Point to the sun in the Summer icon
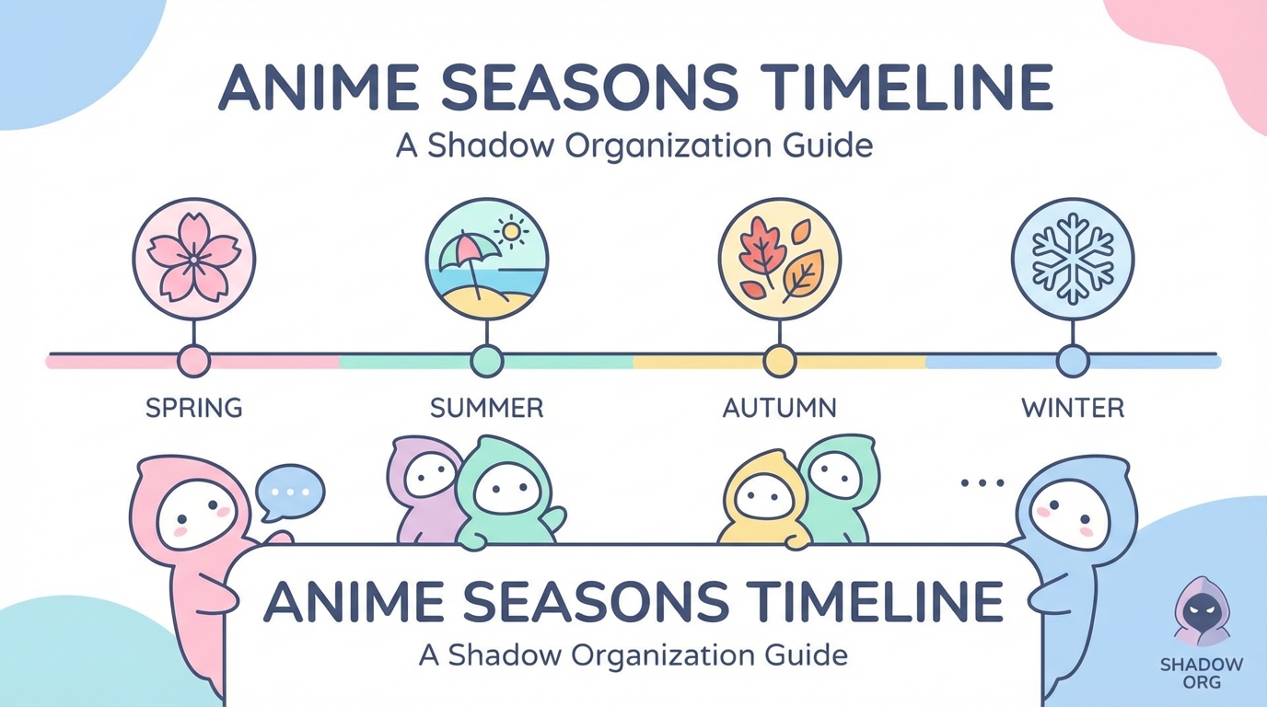(511, 231)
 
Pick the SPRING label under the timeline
(194, 408)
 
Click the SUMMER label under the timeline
(486, 408)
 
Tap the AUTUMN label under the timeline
(779, 408)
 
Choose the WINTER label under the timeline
(1073, 408)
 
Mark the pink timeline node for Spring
(194, 361)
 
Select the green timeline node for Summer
(486, 361)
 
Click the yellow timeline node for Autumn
(779, 361)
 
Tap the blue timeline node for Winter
(1073, 361)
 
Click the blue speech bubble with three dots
(290, 493)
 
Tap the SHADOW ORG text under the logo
(1202, 673)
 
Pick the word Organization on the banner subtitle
(662, 656)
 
